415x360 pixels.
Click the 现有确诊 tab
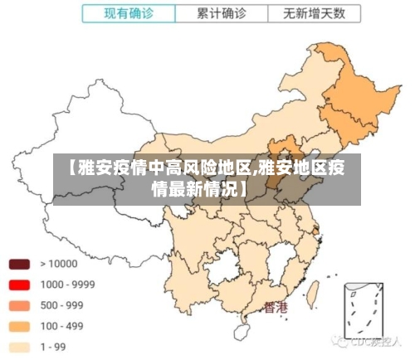click(128, 14)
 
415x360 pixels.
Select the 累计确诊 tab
click(221, 14)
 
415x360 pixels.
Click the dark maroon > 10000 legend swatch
click(19, 265)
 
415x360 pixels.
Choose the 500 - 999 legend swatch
click(19, 305)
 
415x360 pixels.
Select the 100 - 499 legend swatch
click(19, 326)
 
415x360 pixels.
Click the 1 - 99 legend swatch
click(19, 347)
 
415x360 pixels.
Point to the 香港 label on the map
click(276, 308)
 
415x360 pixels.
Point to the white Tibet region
click(91, 220)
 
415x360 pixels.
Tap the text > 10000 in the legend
click(57, 265)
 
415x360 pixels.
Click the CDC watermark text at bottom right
click(369, 341)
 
